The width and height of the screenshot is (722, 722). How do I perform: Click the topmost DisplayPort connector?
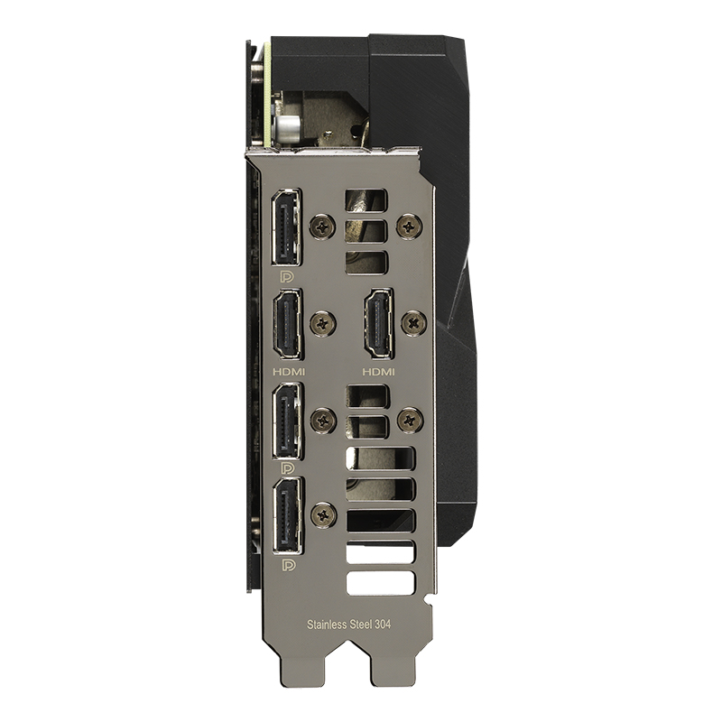pyautogui.click(x=286, y=227)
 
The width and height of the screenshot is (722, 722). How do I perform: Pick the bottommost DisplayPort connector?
pyautogui.click(x=288, y=515)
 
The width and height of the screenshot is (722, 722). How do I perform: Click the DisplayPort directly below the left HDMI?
pyautogui.click(x=288, y=421)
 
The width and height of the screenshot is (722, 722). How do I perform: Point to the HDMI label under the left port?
pyautogui.click(x=289, y=371)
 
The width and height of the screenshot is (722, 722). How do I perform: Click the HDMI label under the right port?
pyautogui.click(x=378, y=371)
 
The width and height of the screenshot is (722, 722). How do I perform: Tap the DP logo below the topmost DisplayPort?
pyautogui.click(x=287, y=277)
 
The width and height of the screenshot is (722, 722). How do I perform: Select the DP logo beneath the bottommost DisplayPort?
pyautogui.click(x=289, y=565)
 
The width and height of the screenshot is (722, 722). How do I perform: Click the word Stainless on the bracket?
pyautogui.click(x=326, y=625)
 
